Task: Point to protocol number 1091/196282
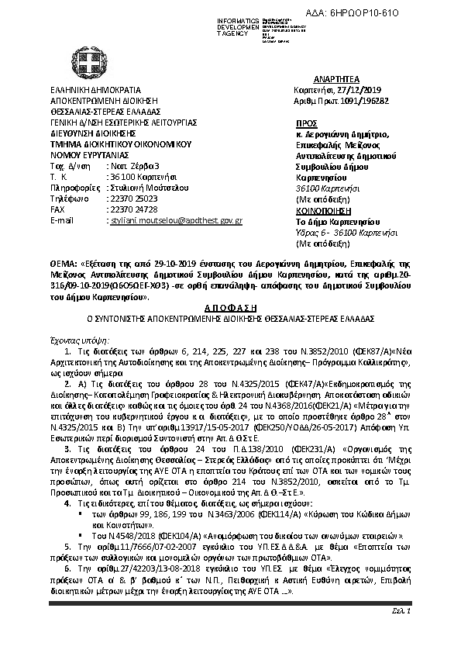coord(371,100)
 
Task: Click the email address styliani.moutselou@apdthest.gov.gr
coord(174,221)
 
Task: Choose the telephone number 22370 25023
coord(126,199)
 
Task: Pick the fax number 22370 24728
coord(126,209)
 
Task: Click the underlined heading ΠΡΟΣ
coord(307,123)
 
